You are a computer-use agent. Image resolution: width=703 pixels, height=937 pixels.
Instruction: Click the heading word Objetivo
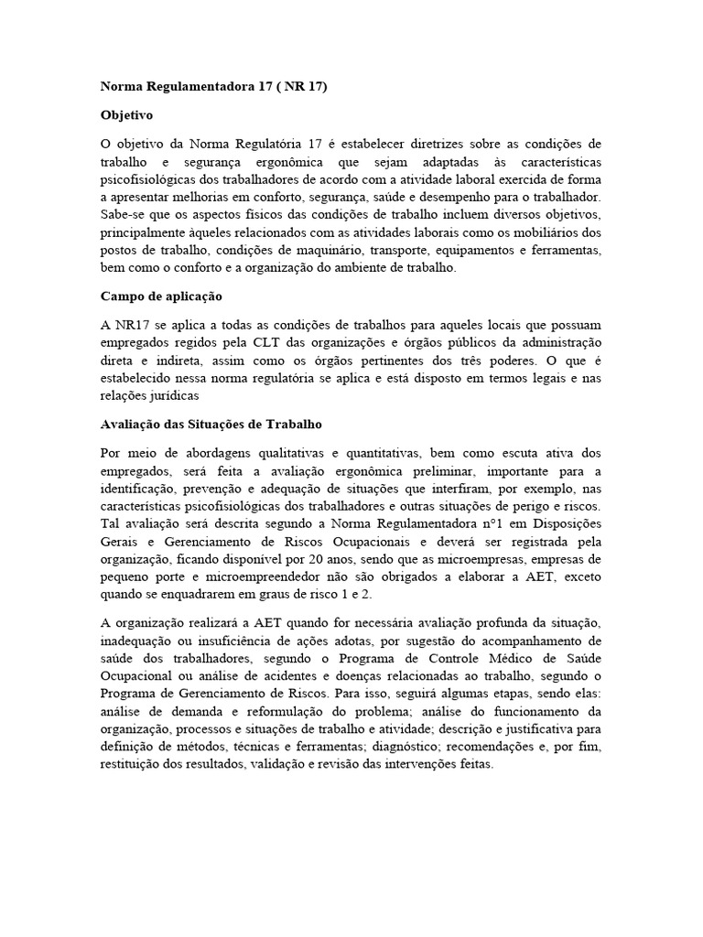(x=126, y=116)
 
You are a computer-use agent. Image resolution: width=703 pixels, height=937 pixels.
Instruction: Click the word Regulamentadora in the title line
(x=189, y=87)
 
